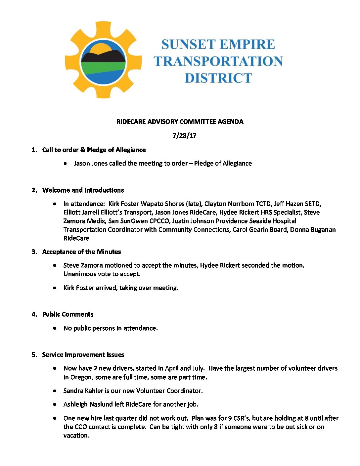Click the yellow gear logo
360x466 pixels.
[103, 60]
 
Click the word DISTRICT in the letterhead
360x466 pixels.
[218, 78]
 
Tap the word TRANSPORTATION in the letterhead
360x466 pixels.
[218, 61]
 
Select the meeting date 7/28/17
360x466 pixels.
[184, 136]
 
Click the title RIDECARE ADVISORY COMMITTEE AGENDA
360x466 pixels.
[180, 122]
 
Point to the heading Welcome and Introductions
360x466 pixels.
[83, 190]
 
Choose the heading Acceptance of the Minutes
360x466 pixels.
[81, 252]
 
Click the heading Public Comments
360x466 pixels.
[68, 314]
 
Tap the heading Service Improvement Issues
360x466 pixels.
[83, 355]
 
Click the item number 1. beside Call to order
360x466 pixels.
[34, 150]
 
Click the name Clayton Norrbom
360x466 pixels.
[229, 204]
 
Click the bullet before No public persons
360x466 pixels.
[55, 328]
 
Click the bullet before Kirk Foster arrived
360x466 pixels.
[55, 288]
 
